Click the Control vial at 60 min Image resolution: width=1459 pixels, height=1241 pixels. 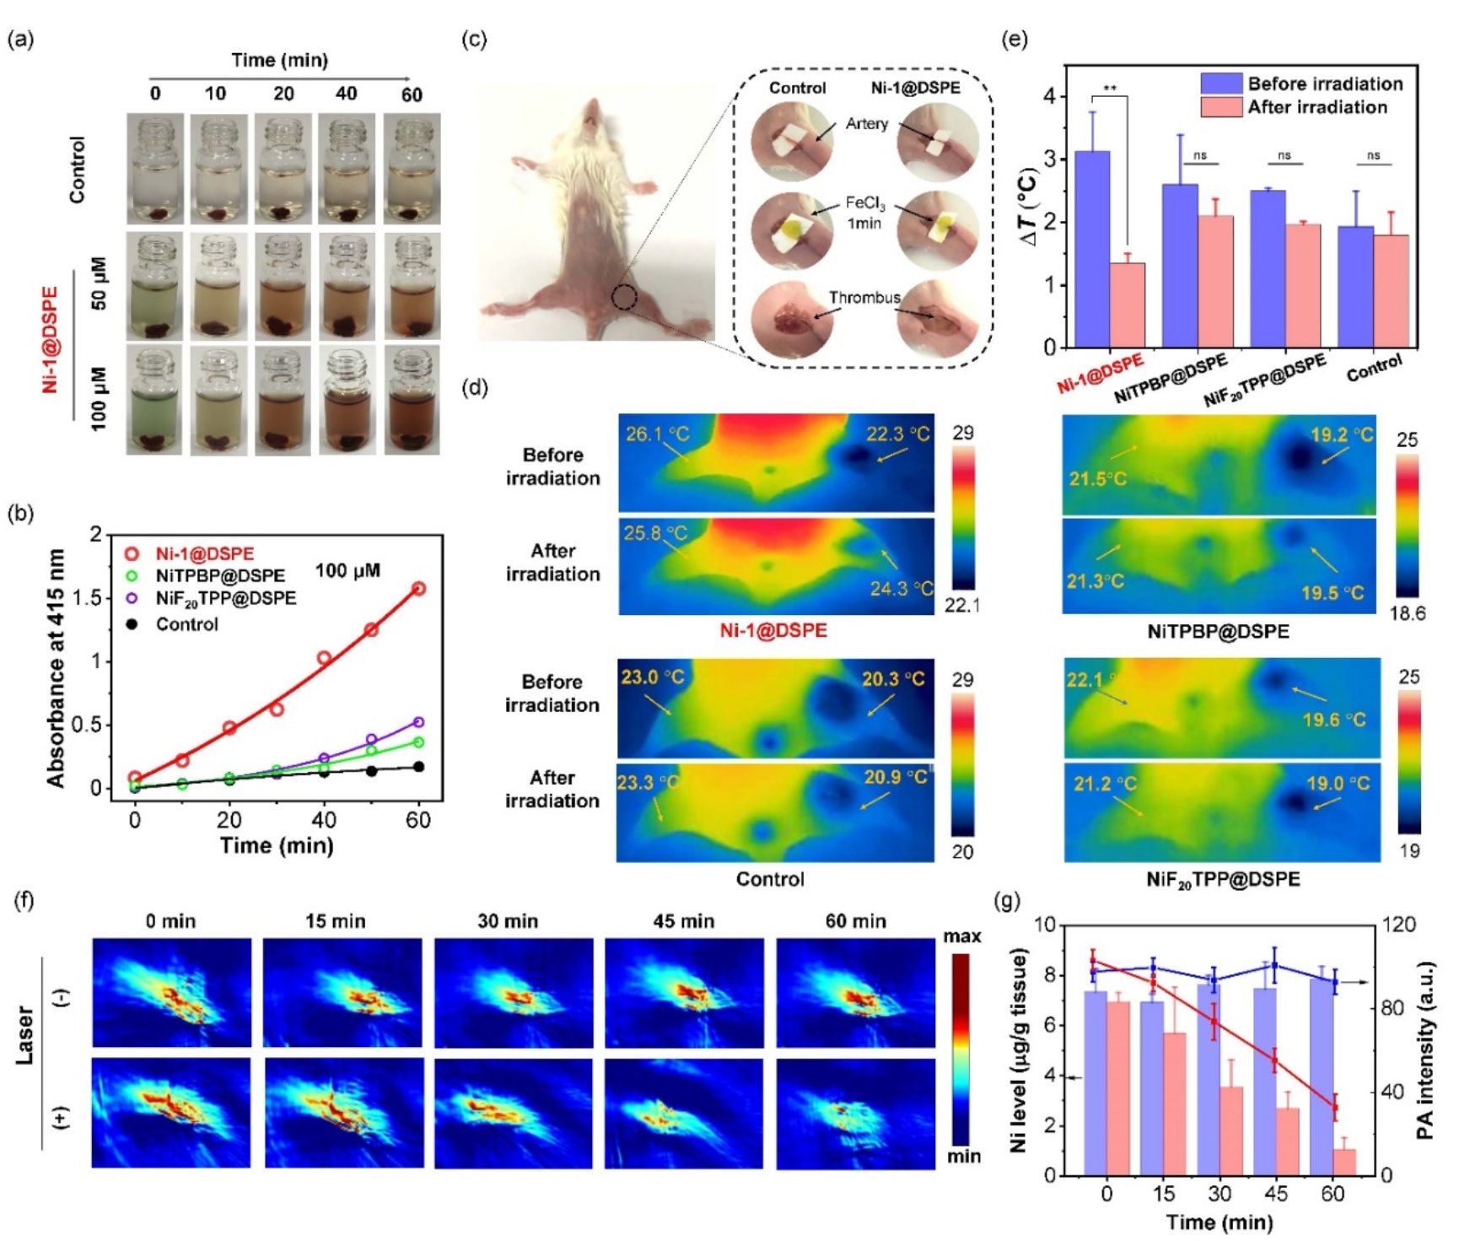coord(412,170)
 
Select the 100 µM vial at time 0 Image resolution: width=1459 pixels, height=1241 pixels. coord(154,400)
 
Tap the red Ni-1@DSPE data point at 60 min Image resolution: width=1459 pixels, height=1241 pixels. coord(418,589)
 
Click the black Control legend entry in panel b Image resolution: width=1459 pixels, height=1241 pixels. coord(186,625)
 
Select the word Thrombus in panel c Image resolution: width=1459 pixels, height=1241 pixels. coord(864,298)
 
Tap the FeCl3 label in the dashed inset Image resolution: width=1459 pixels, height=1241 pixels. coord(865,204)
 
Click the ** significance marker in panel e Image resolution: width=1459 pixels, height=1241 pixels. coord(1110,89)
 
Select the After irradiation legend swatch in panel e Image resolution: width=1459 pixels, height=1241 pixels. coord(1221,107)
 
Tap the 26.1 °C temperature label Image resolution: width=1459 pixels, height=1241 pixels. coord(657,434)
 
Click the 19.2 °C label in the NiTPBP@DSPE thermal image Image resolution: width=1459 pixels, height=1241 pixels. coord(1341,435)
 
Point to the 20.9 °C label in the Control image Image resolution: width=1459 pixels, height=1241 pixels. coord(894,777)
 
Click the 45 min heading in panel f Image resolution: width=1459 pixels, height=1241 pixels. coord(683,921)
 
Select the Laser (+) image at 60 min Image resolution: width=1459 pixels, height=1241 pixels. coord(855,1114)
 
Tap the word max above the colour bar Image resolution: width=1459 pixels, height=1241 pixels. coord(961,936)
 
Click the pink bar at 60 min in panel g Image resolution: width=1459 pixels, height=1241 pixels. coord(1344,1162)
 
